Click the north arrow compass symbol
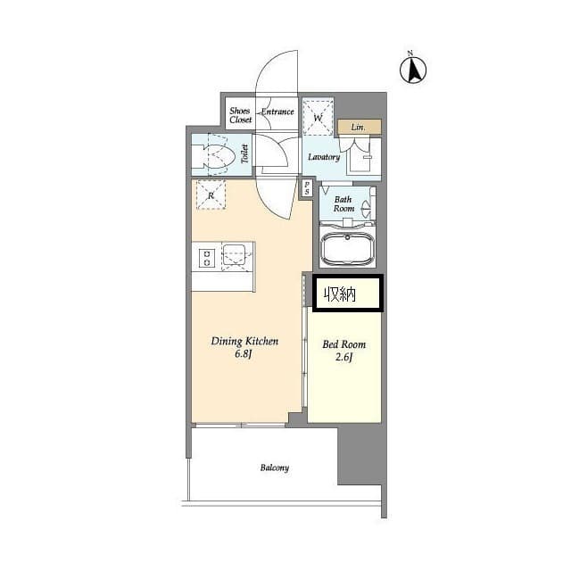point(413,70)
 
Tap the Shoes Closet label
point(240,115)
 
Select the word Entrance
point(277,112)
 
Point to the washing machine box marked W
point(319,117)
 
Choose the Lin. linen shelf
point(360,127)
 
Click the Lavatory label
point(324,157)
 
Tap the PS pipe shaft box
point(307,188)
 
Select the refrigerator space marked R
point(211,194)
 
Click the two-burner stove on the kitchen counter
point(206,257)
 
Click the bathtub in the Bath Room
point(347,248)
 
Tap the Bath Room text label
point(343,204)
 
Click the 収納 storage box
point(347,294)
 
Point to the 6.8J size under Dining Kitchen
point(244,354)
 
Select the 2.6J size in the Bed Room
point(344,357)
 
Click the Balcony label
point(275,468)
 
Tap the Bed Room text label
point(344,344)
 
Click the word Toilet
point(244,153)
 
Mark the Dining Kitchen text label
point(244,341)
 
